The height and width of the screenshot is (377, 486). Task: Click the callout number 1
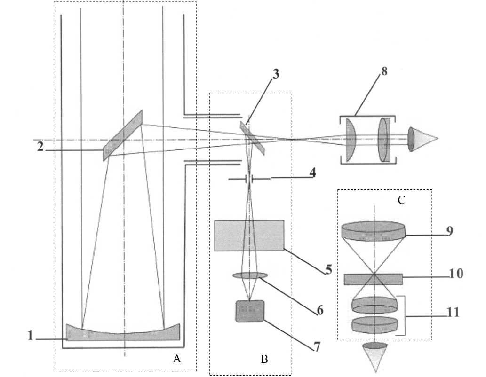(30, 336)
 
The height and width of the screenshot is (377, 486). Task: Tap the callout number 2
(40, 147)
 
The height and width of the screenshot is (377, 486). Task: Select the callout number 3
(275, 74)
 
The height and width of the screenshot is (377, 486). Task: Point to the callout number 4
(313, 173)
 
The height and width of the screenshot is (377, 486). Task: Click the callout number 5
(328, 269)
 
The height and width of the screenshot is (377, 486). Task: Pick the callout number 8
(384, 71)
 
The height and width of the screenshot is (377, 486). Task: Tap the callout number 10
(456, 273)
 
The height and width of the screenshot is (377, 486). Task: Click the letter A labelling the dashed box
(177, 359)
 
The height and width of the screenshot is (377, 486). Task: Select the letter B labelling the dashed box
(264, 359)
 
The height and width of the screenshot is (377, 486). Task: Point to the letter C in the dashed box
(401, 200)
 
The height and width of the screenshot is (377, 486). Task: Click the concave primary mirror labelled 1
(123, 332)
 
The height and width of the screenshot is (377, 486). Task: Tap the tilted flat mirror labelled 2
(123, 135)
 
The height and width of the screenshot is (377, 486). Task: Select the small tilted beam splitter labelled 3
(252, 138)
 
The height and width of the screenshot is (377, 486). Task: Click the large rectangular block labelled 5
(249, 236)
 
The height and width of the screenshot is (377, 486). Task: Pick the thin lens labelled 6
(250, 275)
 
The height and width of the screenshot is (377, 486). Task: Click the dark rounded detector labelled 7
(250, 311)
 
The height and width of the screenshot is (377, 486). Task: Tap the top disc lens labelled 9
(373, 231)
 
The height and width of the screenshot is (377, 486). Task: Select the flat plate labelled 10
(373, 279)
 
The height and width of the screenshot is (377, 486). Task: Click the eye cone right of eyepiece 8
(422, 139)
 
